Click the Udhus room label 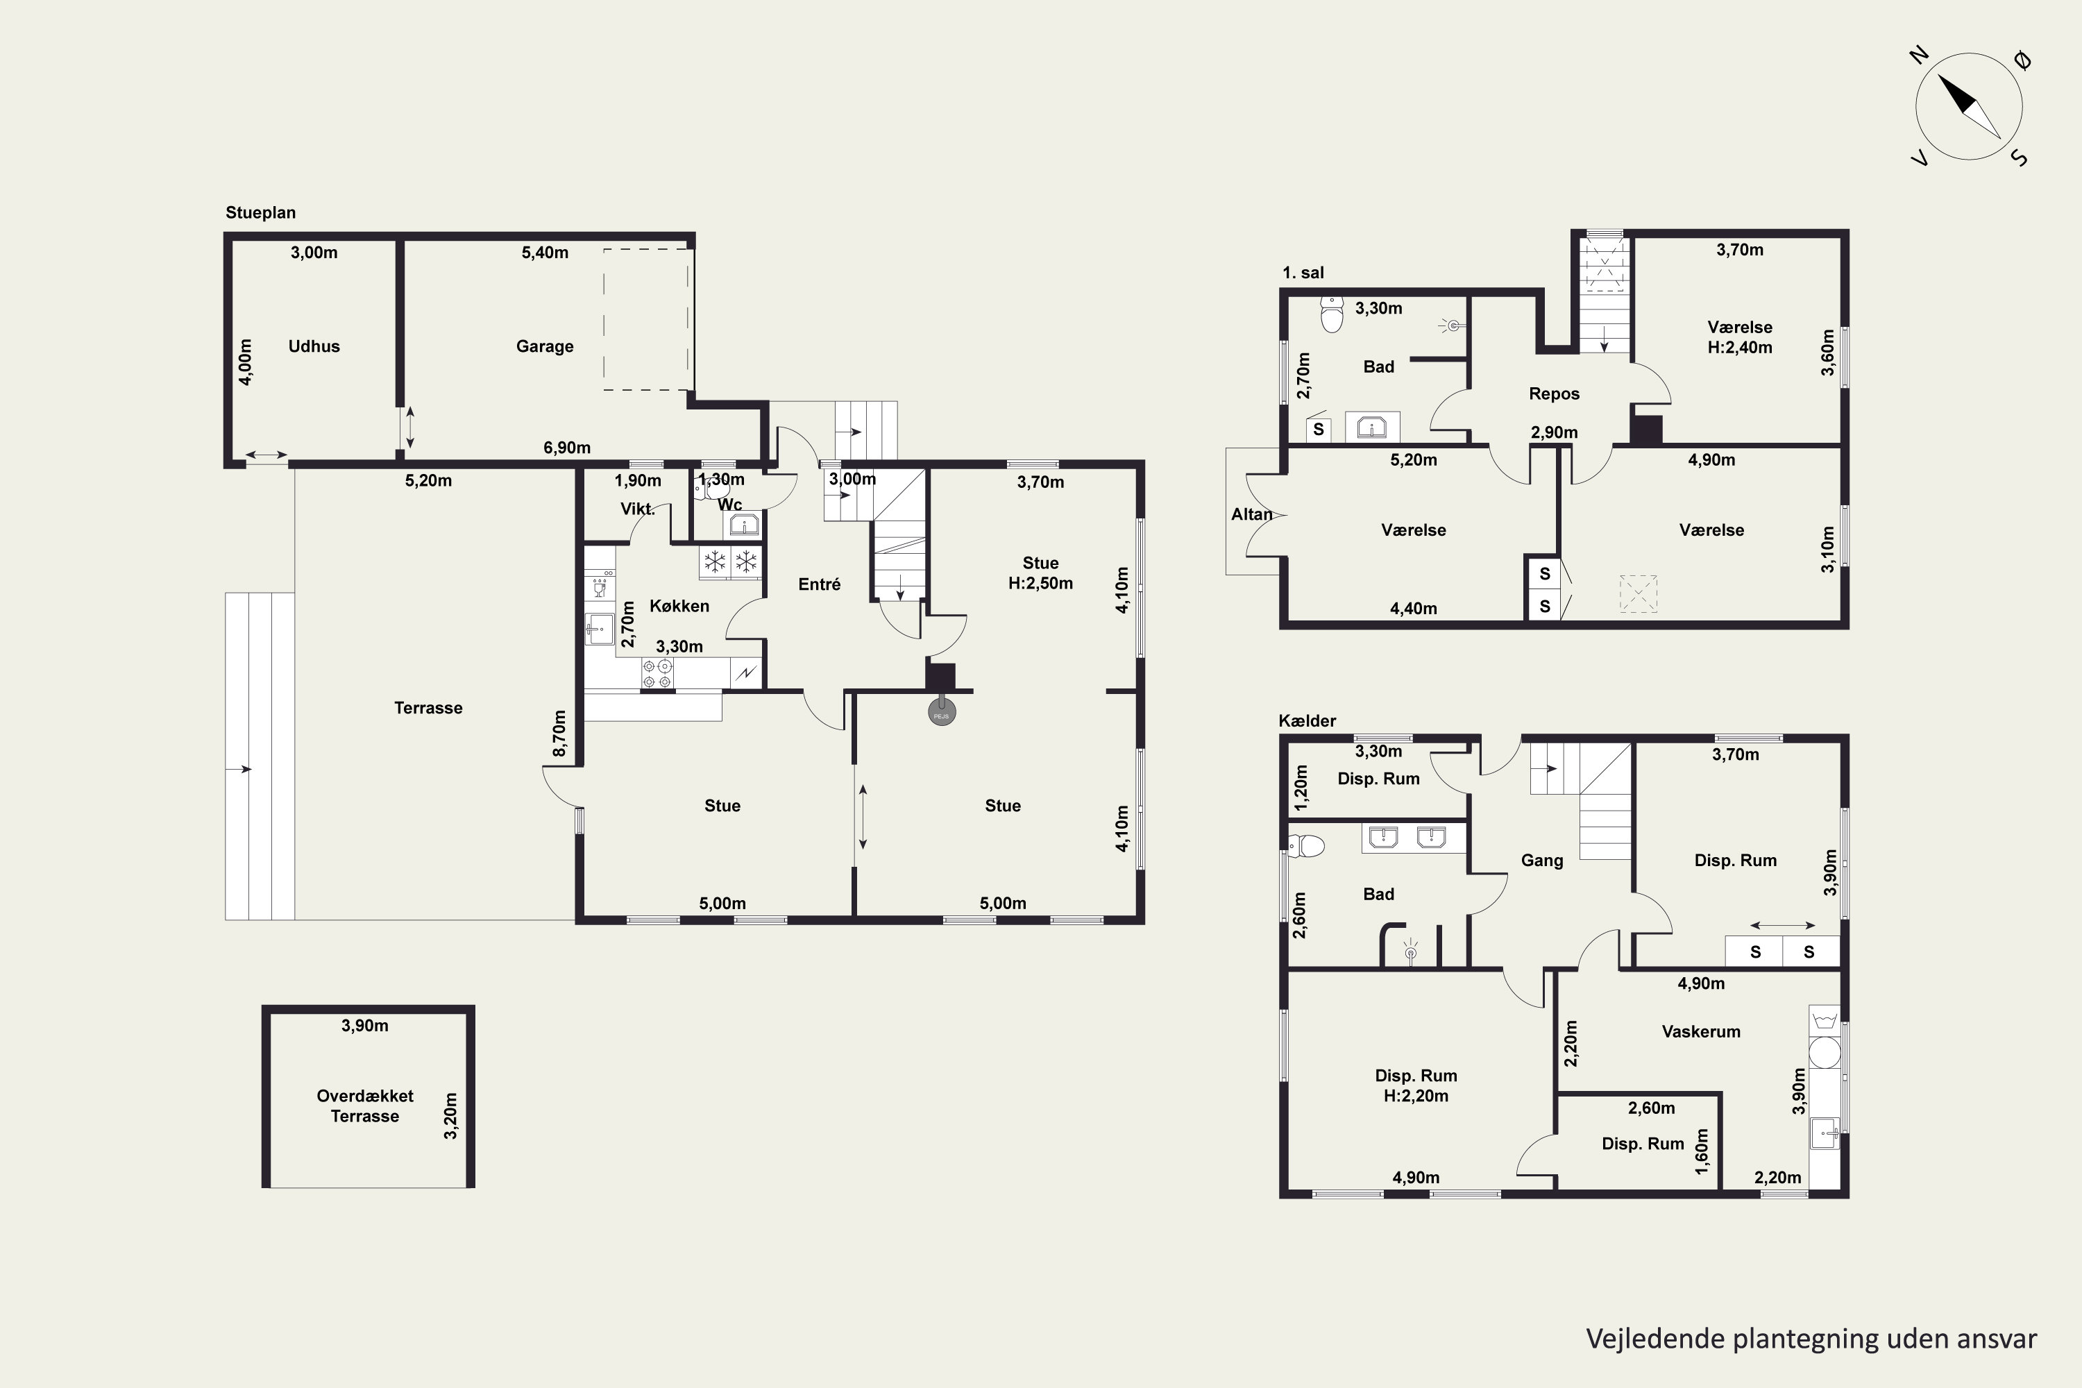[314, 346]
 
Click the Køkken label [679, 605]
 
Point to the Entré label [819, 584]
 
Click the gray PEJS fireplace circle [941, 712]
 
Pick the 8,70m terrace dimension [559, 734]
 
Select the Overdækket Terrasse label [365, 1106]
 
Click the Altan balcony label [1252, 514]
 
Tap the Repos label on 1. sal [1554, 394]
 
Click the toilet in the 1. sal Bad [1331, 314]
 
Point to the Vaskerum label [1700, 1031]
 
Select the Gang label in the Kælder [1542, 861]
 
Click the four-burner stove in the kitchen [657, 674]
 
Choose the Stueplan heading [260, 212]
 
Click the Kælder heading [1307, 720]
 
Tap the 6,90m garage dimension [566, 447]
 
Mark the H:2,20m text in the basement [1416, 1096]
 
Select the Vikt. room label [637, 509]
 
